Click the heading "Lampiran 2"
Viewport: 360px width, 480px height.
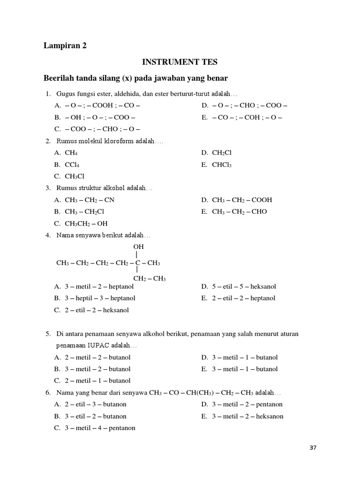65,45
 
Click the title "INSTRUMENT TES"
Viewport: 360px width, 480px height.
180,61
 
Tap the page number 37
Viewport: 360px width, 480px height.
313,448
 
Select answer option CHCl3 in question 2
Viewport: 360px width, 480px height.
222,165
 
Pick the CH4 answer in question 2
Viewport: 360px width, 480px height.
71,152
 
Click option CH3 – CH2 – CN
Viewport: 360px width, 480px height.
90,200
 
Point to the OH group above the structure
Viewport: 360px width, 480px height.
138,247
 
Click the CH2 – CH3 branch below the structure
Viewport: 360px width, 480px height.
150,278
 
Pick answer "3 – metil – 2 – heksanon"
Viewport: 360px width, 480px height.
247,416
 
